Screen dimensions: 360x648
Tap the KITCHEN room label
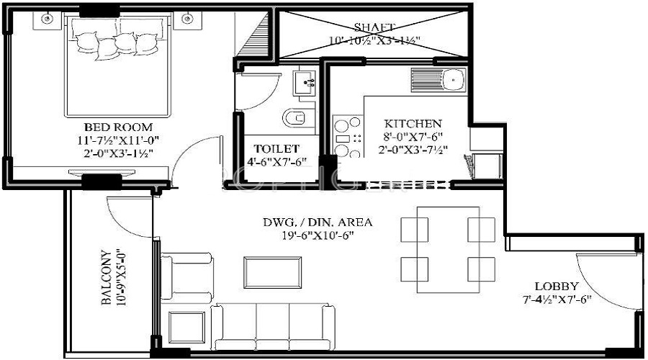pyautogui.click(x=413, y=124)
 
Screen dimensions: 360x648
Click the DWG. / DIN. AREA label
pyautogui.click(x=317, y=222)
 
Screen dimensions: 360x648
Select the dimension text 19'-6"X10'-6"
pyautogui.click(x=317, y=235)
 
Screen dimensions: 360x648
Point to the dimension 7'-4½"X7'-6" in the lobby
pyautogui.click(x=557, y=299)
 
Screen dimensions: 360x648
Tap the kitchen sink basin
pyautogui.click(x=453, y=77)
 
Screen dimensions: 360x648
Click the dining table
pyautogui.click(x=449, y=249)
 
